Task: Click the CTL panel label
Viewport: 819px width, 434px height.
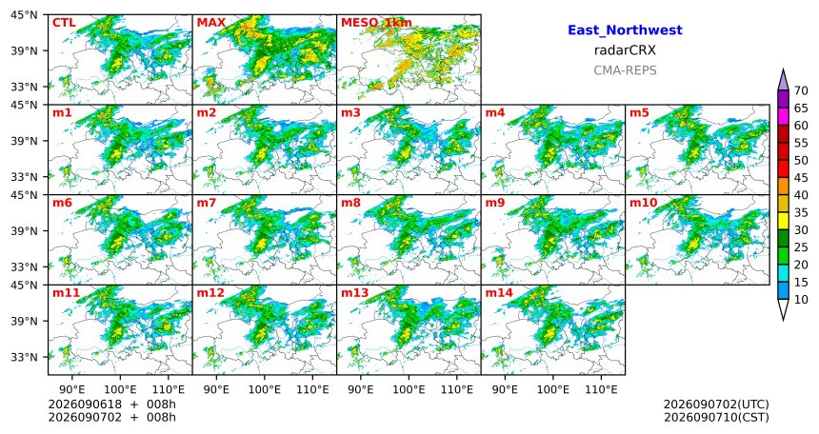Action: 64,23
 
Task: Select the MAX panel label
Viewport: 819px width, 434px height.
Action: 211,23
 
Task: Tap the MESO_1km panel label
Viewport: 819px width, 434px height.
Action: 376,23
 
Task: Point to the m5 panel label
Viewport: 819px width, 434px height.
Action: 641,113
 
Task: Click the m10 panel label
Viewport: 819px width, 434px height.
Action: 644,203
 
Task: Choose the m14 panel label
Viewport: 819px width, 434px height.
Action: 499,293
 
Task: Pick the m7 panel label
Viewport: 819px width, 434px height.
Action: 206,203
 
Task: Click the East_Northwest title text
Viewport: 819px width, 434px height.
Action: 625,30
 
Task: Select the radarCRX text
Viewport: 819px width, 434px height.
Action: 625,50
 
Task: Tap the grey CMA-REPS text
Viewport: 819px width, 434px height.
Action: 625,70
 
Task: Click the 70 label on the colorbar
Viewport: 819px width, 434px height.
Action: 801,90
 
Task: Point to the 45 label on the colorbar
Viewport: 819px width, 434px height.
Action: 801,178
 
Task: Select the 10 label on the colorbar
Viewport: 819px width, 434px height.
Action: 801,300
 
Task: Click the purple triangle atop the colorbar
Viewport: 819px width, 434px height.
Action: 783,81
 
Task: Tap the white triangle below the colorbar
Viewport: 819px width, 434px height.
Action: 783,308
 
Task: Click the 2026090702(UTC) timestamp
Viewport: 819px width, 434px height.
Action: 716,404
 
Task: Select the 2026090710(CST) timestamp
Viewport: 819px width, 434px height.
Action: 716,418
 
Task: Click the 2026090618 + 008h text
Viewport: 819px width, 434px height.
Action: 111,404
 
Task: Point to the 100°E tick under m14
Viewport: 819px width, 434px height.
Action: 553,389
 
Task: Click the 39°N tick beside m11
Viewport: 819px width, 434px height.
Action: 25,321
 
